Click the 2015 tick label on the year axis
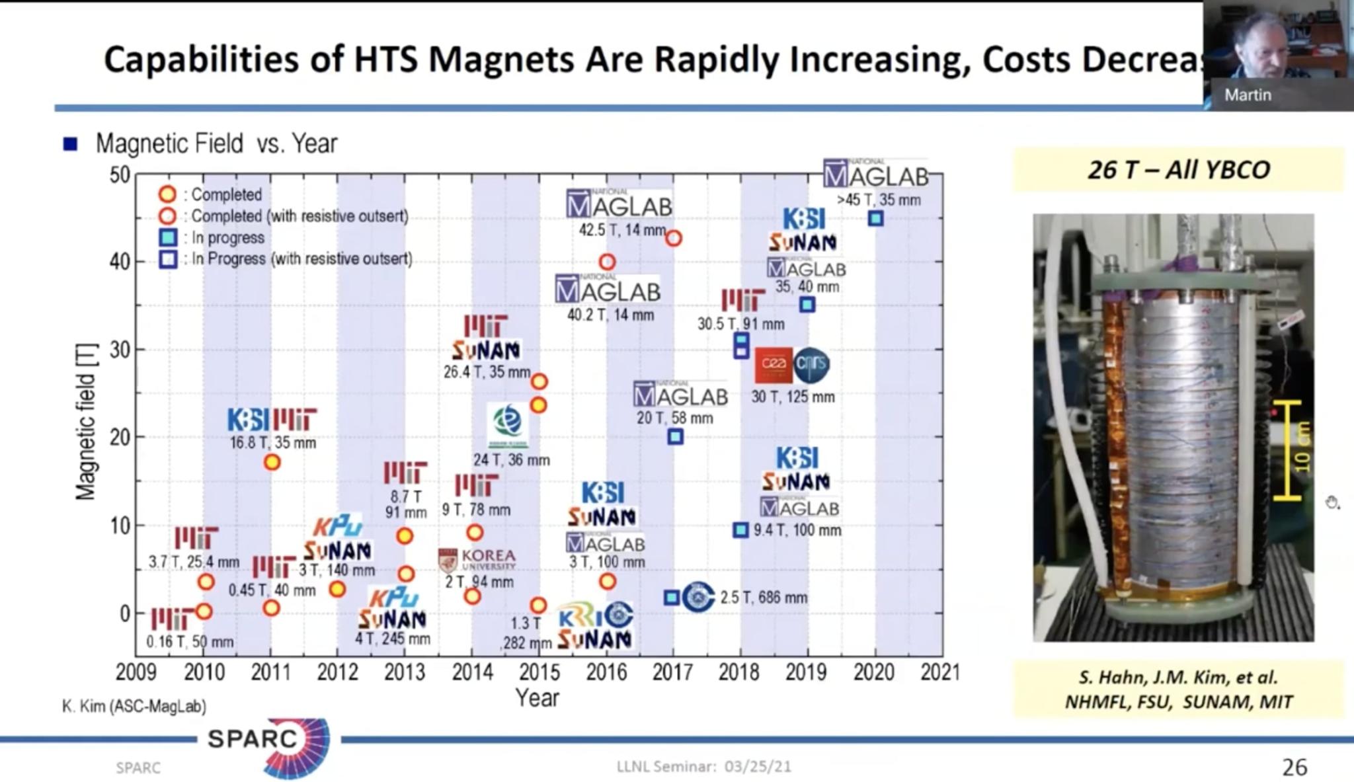(x=539, y=672)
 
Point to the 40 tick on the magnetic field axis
(x=120, y=262)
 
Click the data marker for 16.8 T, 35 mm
(x=272, y=462)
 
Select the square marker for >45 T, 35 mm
(x=875, y=218)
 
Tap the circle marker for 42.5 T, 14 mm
(x=673, y=239)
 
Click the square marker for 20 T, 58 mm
(x=675, y=436)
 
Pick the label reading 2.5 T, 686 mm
(x=764, y=598)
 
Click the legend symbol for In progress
(x=168, y=237)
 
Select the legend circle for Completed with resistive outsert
(x=168, y=216)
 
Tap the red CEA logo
(x=773, y=365)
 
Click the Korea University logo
(x=477, y=560)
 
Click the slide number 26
(x=1294, y=767)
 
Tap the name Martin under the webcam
(x=1247, y=95)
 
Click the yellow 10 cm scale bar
(x=1288, y=450)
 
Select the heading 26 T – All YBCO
(x=1178, y=170)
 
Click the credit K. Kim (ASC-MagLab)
(x=134, y=706)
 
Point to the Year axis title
(x=537, y=698)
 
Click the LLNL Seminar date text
(x=703, y=767)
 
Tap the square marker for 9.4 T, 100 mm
(x=740, y=530)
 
